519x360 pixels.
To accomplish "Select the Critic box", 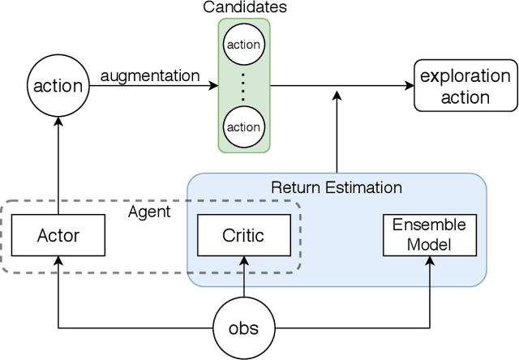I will pos(243,235).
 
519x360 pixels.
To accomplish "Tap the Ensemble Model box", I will pos(430,234).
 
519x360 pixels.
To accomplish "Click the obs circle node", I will pos(243,328).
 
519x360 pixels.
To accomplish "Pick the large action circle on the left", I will pos(57,84).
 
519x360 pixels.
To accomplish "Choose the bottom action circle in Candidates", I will pos(243,126).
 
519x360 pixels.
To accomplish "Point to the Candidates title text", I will pos(243,8).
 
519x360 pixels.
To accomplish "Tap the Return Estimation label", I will pos(336,187).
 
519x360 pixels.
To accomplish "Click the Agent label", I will pos(149,212).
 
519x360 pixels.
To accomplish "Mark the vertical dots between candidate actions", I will pos(243,84).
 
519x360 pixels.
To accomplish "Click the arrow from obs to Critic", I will pos(243,281).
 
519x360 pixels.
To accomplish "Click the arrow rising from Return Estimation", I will pos(336,130).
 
